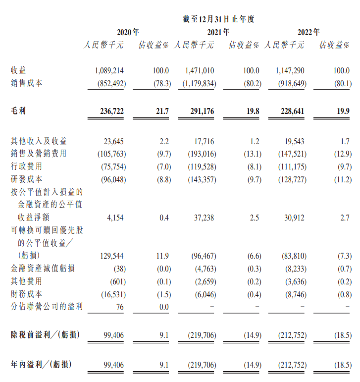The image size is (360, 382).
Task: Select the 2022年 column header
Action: [x=308, y=32]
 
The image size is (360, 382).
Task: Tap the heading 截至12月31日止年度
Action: [x=218, y=19]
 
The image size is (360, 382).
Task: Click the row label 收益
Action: [x=18, y=71]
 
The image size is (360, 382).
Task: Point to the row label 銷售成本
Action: [x=26, y=83]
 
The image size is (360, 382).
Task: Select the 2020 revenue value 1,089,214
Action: [x=110, y=71]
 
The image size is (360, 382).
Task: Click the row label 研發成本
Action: [x=26, y=179]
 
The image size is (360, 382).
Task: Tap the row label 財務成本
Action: [x=26, y=294]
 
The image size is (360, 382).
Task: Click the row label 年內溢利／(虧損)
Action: [x=41, y=365]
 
